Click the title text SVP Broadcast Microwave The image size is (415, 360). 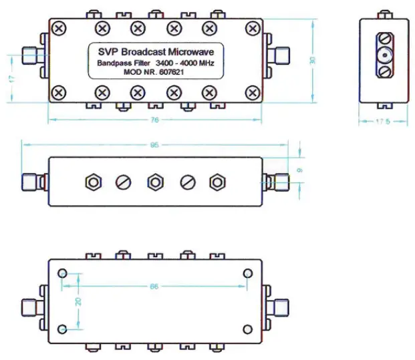(x=156, y=51)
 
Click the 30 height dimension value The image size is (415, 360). (x=311, y=59)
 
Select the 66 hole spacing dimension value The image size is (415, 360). (x=154, y=287)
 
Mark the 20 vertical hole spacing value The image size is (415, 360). (x=78, y=301)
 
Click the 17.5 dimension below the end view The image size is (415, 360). (x=383, y=122)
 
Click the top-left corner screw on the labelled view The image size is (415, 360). (x=59, y=28)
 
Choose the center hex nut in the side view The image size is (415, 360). (x=155, y=182)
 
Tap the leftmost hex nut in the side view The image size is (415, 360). (x=93, y=182)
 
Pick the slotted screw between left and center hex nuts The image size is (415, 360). (x=124, y=182)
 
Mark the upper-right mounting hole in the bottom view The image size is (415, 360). (x=247, y=274)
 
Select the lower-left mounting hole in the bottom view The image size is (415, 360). (x=63, y=329)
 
